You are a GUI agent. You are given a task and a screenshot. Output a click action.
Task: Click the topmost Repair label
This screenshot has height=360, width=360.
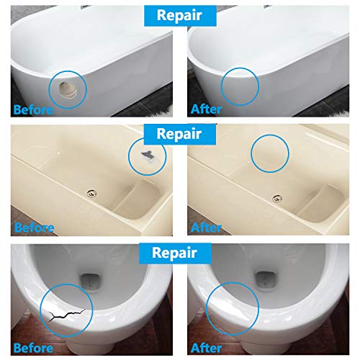179,14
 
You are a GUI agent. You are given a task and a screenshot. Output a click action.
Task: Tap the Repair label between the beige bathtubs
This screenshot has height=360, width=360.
179,134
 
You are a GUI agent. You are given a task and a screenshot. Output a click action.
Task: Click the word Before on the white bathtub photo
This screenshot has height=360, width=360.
32,109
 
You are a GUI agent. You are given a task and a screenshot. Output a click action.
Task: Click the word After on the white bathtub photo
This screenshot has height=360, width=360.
210,109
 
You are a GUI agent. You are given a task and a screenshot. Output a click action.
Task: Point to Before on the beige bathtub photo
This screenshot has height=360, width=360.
32,228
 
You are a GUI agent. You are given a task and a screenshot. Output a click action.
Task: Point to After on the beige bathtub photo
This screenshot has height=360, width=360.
210,228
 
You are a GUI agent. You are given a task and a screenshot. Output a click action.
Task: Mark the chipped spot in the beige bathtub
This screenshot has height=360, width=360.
147,153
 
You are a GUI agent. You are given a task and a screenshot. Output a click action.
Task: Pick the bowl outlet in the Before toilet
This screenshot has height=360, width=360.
94,277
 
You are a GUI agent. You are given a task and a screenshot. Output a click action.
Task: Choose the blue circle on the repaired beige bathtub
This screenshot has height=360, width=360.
269,154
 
